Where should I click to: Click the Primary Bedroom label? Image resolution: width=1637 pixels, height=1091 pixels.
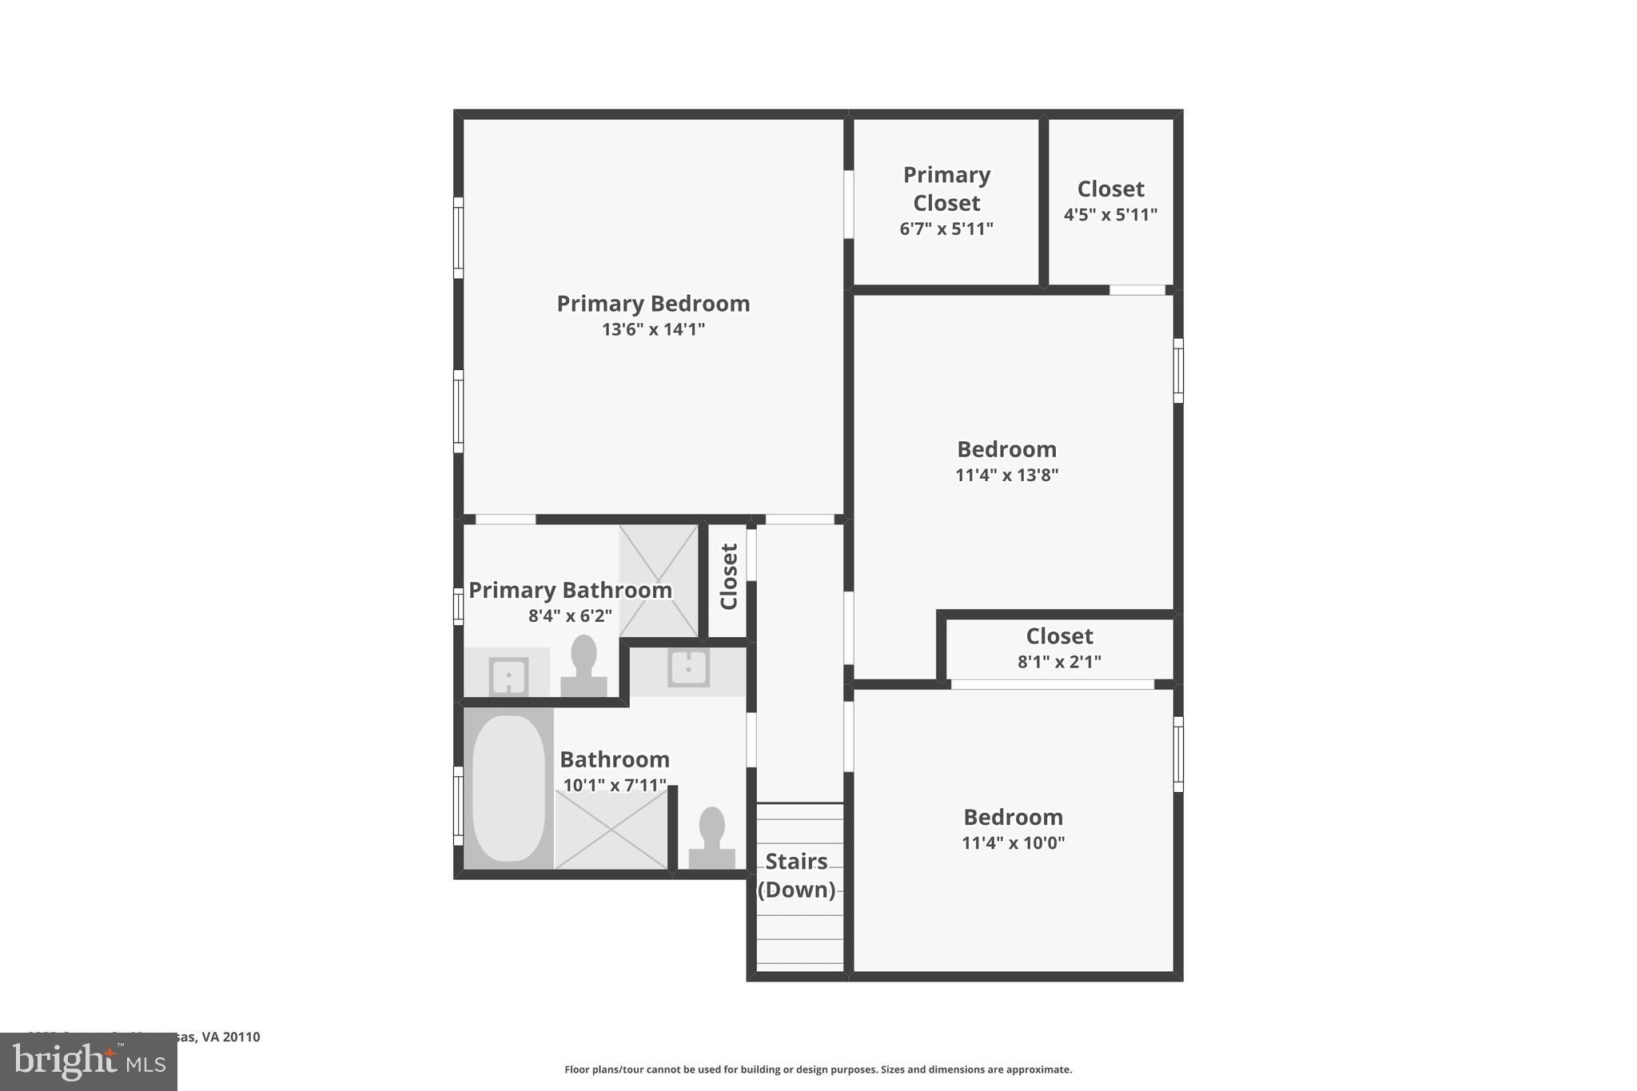tap(653, 304)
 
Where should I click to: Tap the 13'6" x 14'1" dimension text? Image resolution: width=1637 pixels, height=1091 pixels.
tap(653, 329)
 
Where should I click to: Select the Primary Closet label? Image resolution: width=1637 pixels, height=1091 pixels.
tap(946, 189)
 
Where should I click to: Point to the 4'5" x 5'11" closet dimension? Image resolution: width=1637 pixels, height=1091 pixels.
tap(1110, 215)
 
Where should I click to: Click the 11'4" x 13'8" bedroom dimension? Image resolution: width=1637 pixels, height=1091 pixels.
tap(1006, 476)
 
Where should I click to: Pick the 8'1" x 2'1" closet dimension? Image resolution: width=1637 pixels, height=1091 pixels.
tap(1059, 662)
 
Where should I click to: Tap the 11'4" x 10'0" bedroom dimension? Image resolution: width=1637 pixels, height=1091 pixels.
tap(1013, 843)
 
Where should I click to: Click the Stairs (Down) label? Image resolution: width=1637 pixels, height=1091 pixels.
tap(796, 875)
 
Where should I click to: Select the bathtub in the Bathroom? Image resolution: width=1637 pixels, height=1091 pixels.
tap(508, 788)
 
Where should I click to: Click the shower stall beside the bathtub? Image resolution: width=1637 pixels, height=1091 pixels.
tap(611, 830)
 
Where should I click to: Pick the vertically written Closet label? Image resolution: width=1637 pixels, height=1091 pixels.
tap(728, 576)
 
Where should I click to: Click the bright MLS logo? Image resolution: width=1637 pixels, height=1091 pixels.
tap(89, 1061)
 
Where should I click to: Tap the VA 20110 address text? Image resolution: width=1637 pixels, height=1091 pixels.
tap(230, 1037)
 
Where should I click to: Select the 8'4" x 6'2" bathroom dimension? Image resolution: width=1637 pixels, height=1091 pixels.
tap(570, 616)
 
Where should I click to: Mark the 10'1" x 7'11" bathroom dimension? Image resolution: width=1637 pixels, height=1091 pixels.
tap(614, 786)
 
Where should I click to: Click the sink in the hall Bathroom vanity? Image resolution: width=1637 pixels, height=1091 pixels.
tap(688, 668)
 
